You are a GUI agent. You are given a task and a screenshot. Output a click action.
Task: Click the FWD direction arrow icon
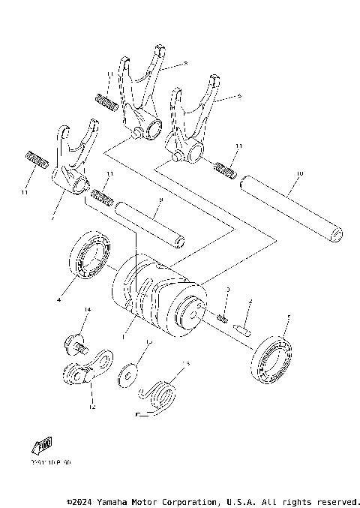coord(40,448)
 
